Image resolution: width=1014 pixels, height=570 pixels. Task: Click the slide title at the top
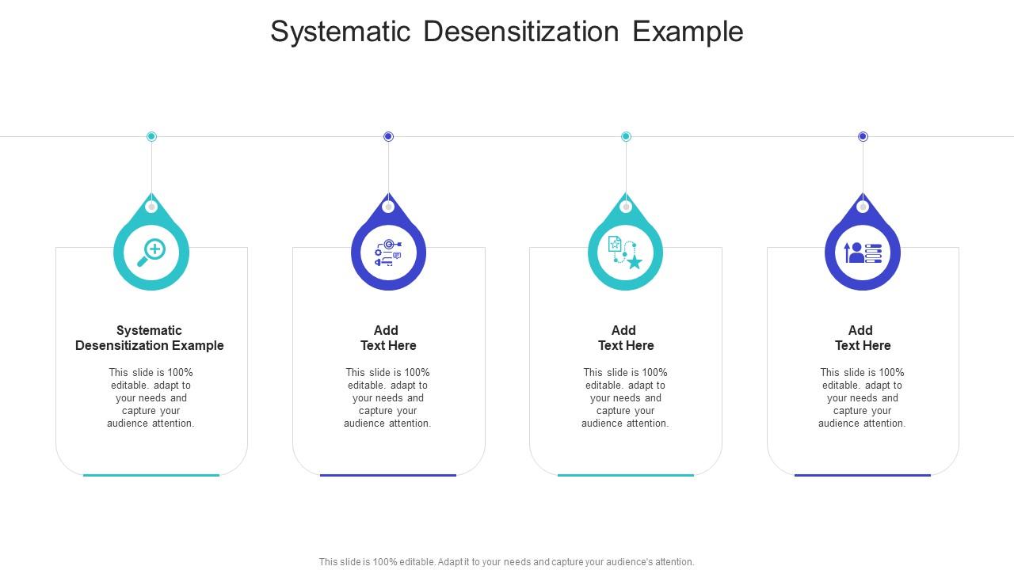pyautogui.click(x=507, y=32)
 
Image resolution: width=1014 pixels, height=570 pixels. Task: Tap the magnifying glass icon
pyautogui.click(x=151, y=253)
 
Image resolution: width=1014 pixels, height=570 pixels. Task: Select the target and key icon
pyautogui.click(x=388, y=253)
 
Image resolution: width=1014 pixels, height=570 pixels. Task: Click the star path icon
pyautogui.click(x=625, y=253)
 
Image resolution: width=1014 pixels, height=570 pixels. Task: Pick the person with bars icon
pyautogui.click(x=863, y=253)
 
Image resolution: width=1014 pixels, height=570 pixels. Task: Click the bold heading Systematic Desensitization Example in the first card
pyautogui.click(x=150, y=338)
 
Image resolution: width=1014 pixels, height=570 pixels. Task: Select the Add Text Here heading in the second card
pyautogui.click(x=388, y=338)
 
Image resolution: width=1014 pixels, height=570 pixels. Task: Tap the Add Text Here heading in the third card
pyautogui.click(x=625, y=338)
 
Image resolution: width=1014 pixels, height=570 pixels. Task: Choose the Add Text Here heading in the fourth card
pyautogui.click(x=863, y=338)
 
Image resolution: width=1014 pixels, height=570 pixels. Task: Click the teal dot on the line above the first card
pyautogui.click(x=151, y=136)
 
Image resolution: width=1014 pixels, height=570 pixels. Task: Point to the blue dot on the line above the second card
pyautogui.click(x=388, y=136)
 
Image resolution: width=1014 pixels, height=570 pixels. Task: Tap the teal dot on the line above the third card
pyautogui.click(x=626, y=136)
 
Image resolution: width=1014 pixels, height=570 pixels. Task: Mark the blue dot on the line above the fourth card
pyautogui.click(x=863, y=136)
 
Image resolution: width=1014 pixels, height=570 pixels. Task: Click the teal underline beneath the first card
pyautogui.click(x=151, y=475)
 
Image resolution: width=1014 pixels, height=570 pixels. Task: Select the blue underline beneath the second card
pyautogui.click(x=388, y=475)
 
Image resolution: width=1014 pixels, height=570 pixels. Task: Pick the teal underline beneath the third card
pyautogui.click(x=625, y=475)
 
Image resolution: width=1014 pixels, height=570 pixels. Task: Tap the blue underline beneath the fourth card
pyautogui.click(x=863, y=475)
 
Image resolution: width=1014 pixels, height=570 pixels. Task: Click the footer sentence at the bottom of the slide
pyautogui.click(x=507, y=562)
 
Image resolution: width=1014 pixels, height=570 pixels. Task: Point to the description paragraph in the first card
pyautogui.click(x=151, y=398)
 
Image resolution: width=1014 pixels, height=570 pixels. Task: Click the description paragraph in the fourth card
pyautogui.click(x=862, y=398)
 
